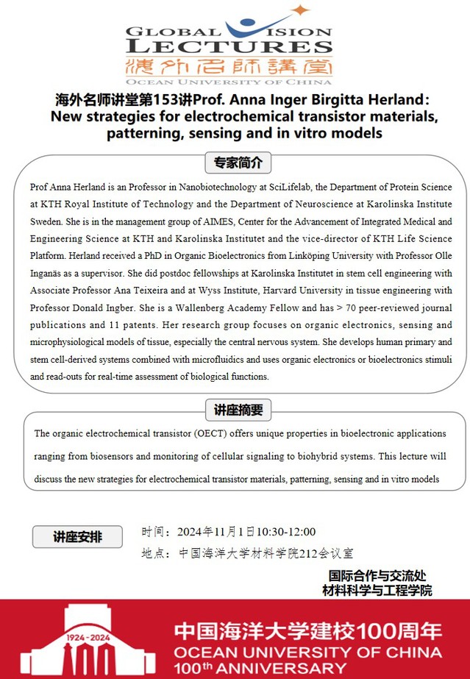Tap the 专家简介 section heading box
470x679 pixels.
[x=238, y=162]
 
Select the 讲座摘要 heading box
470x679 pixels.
[x=238, y=410]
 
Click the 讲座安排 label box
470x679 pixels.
[x=77, y=537]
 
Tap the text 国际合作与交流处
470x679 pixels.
[x=377, y=575]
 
